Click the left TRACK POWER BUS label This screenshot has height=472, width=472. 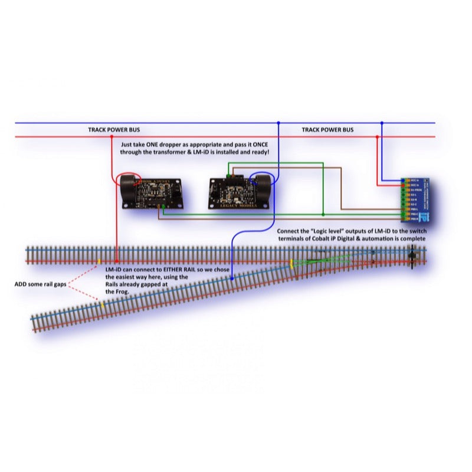point(114,130)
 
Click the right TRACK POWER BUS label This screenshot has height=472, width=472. point(327,130)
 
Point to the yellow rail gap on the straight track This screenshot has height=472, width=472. point(99,261)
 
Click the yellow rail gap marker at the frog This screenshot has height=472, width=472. point(291,261)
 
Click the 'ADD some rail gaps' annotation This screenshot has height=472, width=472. point(40,284)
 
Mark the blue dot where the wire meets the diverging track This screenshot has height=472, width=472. point(232,278)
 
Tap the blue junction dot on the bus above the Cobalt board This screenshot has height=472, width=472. point(382,123)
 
